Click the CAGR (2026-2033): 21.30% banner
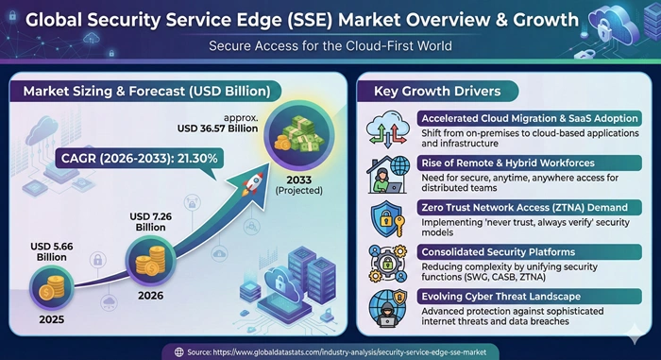pos(141,156)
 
